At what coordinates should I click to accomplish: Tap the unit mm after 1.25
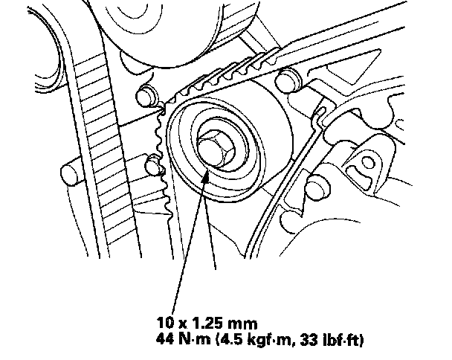242,324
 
